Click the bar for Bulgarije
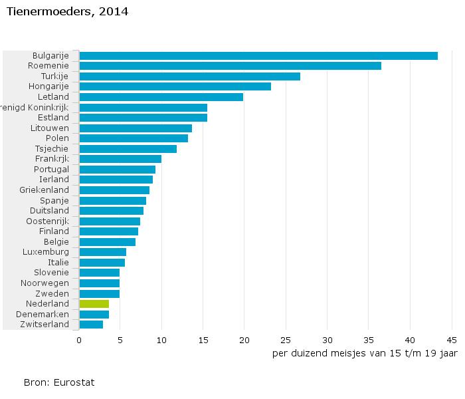[258, 56]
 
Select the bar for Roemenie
[230, 66]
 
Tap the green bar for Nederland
[94, 304]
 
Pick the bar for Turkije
[189, 76]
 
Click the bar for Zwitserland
[91, 325]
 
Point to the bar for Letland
[161, 97]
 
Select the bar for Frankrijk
[120, 159]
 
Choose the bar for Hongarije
[175, 86]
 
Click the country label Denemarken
[45, 314]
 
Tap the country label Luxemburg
[46, 252]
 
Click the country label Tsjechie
[52, 148]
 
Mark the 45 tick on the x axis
[451, 340]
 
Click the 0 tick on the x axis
[79, 340]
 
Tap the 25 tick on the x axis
[286, 340]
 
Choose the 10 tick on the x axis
[161, 340]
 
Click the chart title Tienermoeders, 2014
[58, 12]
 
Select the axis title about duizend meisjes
[364, 353]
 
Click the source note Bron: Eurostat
[59, 382]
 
